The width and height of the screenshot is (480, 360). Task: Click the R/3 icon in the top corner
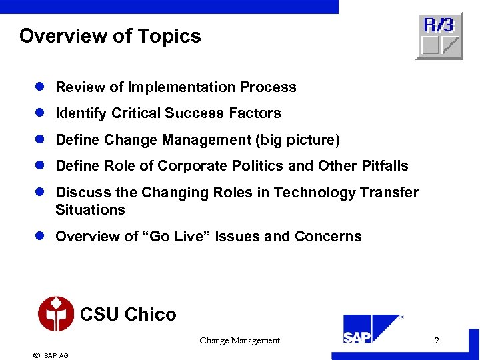pyautogui.click(x=439, y=36)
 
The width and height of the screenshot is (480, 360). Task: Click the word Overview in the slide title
pyautogui.click(x=59, y=36)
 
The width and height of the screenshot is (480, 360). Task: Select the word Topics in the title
pyautogui.click(x=172, y=36)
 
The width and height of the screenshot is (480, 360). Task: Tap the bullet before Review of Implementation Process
pyautogui.click(x=41, y=87)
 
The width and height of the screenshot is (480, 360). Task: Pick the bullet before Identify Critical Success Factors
pyautogui.click(x=41, y=113)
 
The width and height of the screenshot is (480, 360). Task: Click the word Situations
pyautogui.click(x=90, y=210)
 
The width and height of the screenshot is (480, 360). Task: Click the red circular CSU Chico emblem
pyautogui.click(x=56, y=313)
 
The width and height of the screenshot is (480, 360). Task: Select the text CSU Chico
pyautogui.click(x=128, y=314)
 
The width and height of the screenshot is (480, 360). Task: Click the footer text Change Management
pyautogui.click(x=240, y=341)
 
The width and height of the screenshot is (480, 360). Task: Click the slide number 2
pyautogui.click(x=437, y=341)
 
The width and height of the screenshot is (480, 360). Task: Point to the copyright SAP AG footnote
pyautogui.click(x=51, y=355)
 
